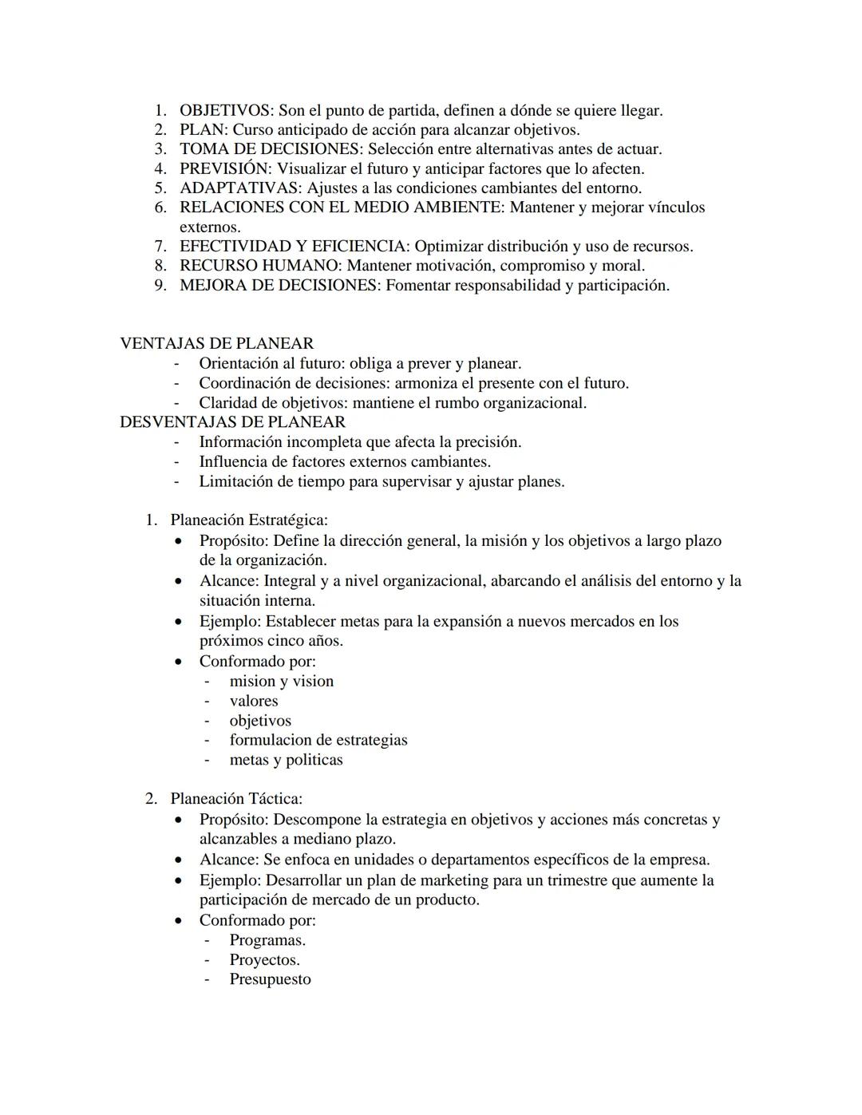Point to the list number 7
tap(160, 247)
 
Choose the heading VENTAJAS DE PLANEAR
tap(216, 343)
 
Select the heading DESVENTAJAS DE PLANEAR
tap(232, 421)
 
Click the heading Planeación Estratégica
tap(248, 520)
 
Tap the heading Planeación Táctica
tap(235, 798)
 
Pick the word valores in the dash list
tap(254, 701)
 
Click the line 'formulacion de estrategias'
tap(318, 740)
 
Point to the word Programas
tap(267, 939)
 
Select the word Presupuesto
tap(270, 979)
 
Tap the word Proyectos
tap(264, 959)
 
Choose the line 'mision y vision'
tap(281, 681)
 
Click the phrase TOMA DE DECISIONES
tap(270, 149)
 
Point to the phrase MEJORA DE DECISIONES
tap(278, 286)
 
